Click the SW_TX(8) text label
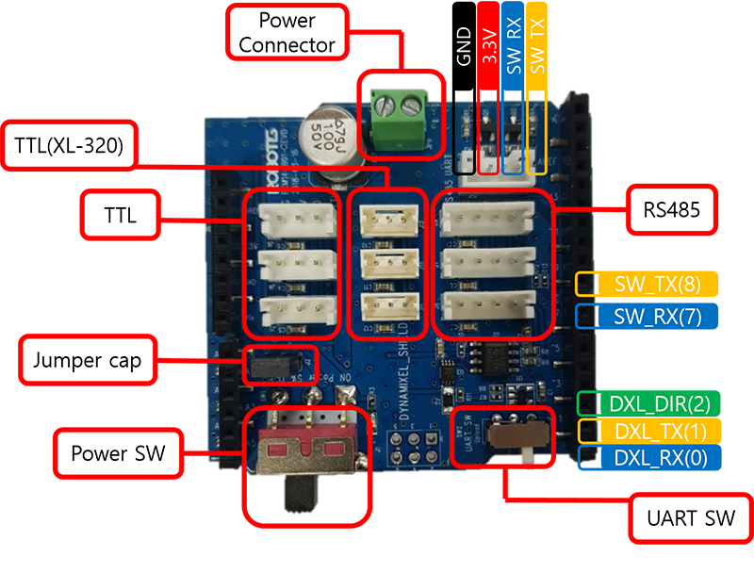pyautogui.click(x=658, y=285)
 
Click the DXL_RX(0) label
pyautogui.click(x=660, y=458)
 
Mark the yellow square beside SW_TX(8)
pyautogui.click(x=586, y=285)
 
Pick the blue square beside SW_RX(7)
pyautogui.click(x=586, y=314)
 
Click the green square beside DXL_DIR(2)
pyautogui.click(x=587, y=404)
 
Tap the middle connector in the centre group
pyautogui.click(x=386, y=263)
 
